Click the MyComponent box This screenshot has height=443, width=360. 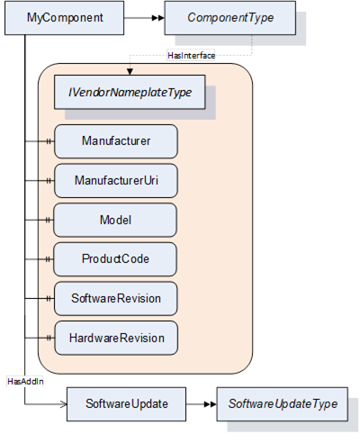point(64,18)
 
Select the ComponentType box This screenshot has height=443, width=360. point(230,18)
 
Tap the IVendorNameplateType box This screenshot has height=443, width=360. point(130,92)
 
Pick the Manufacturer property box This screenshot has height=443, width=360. point(116,141)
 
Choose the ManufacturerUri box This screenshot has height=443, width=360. point(116,181)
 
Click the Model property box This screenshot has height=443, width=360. point(115,220)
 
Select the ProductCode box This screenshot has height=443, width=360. point(115,259)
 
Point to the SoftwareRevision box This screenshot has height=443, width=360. point(116,299)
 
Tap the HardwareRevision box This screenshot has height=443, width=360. point(116,338)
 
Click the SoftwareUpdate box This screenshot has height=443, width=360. point(126,404)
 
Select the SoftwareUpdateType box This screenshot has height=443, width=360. point(283,404)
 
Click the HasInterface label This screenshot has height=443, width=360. point(191,56)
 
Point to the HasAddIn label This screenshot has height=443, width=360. point(25,382)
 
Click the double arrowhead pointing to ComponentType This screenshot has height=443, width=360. point(158,18)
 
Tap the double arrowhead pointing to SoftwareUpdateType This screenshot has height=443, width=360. point(211,404)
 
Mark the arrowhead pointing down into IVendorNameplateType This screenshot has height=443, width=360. point(130,72)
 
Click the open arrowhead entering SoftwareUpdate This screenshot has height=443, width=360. point(64,404)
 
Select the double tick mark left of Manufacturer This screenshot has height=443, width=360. point(49,141)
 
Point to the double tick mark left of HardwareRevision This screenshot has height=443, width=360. point(49,338)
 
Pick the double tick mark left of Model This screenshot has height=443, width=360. point(49,220)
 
